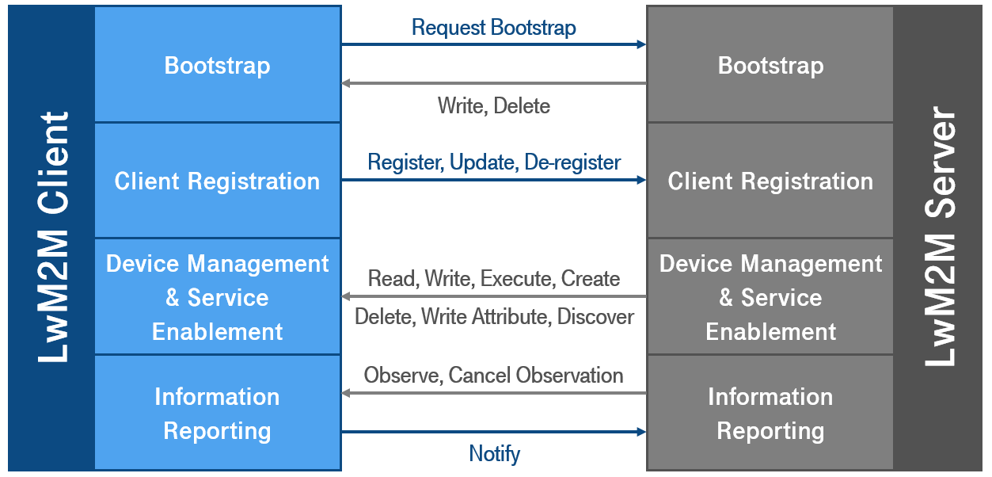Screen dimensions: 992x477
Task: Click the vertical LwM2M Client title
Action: click(x=53, y=237)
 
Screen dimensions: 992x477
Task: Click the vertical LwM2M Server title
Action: click(x=940, y=236)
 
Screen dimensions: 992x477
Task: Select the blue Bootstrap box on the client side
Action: click(x=218, y=64)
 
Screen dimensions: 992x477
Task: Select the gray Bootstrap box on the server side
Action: click(x=770, y=64)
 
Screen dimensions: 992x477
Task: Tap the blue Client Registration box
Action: click(x=218, y=181)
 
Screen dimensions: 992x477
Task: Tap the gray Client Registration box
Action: click(x=770, y=181)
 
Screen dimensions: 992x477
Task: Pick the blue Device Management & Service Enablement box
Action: click(x=218, y=296)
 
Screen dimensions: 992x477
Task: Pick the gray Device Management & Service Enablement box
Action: click(x=770, y=296)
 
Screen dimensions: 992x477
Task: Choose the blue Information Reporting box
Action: click(x=218, y=413)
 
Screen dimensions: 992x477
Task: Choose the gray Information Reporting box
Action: click(x=770, y=413)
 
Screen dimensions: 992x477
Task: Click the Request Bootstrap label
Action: click(x=494, y=28)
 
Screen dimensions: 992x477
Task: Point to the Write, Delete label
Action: click(x=494, y=106)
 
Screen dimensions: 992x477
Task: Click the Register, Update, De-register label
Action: click(x=494, y=162)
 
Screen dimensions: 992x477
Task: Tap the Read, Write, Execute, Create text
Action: click(x=494, y=278)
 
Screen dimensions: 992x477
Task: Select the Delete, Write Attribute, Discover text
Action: click(x=494, y=316)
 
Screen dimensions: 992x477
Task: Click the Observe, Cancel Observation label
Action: click(x=493, y=375)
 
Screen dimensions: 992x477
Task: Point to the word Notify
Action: click(x=494, y=453)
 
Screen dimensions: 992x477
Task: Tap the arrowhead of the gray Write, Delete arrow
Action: click(x=346, y=83)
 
